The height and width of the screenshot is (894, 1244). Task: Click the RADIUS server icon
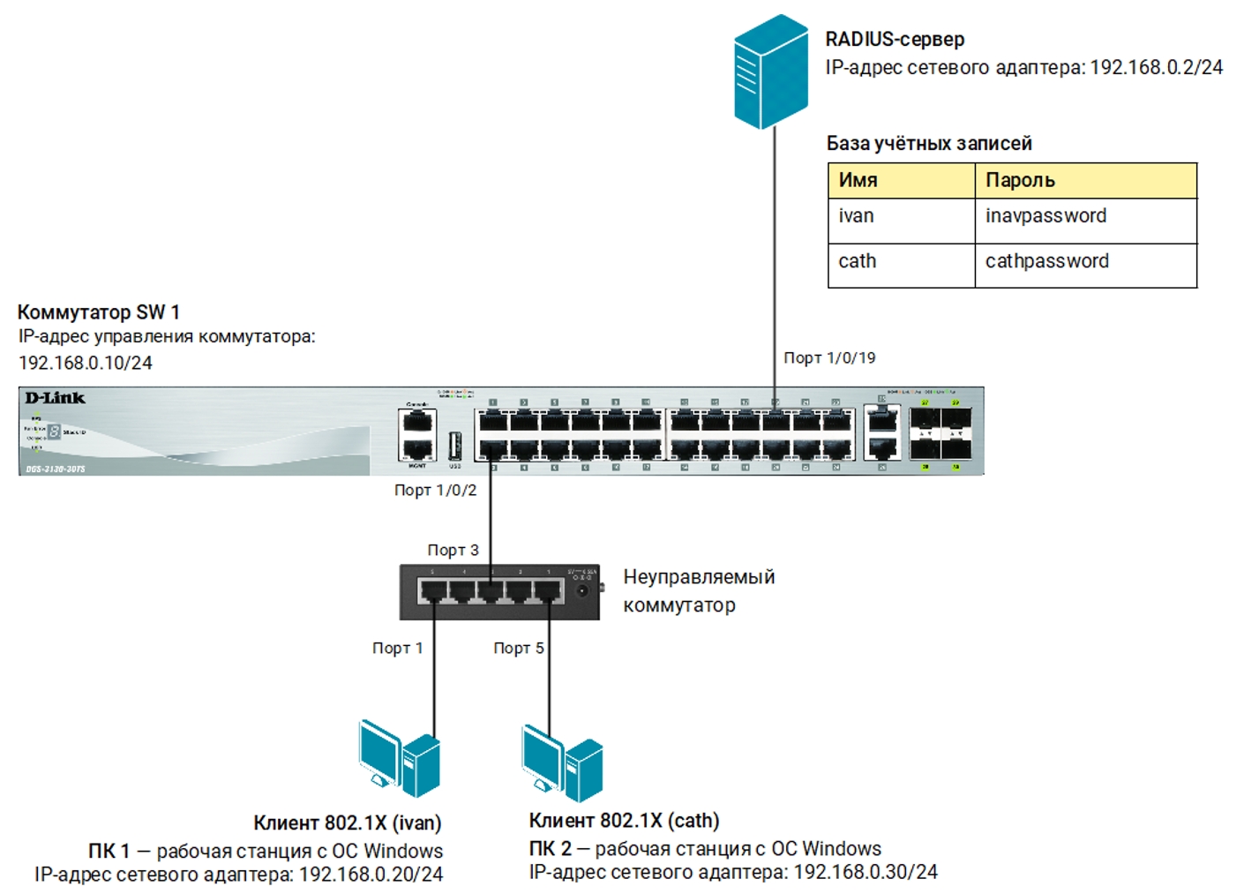tap(771, 72)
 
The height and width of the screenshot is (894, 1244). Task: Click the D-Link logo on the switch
tap(55, 398)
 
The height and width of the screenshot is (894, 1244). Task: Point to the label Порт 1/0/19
tap(829, 357)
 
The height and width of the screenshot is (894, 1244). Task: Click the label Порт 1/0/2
tap(435, 490)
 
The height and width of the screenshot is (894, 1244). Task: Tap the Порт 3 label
tap(453, 550)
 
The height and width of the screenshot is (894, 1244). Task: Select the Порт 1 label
tap(397, 648)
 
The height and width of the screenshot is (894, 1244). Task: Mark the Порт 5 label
tap(518, 648)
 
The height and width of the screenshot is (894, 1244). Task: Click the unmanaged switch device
tap(499, 591)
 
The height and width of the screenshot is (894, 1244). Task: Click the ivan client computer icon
tap(399, 758)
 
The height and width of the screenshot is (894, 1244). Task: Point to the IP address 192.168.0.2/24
tap(1156, 67)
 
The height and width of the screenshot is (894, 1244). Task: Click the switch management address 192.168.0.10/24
tap(86, 363)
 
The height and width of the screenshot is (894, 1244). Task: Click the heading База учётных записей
tap(928, 143)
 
